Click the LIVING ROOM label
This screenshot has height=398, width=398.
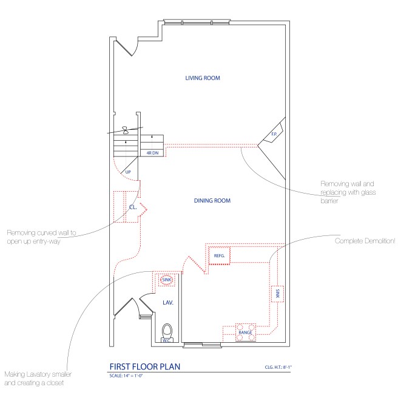point(203,78)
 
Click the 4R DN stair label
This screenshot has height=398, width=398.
point(152,153)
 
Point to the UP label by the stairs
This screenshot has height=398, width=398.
point(128,172)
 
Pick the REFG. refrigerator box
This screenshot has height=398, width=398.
point(220,256)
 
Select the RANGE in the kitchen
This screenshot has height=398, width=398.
point(245,333)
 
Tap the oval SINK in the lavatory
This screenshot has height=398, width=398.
point(167,280)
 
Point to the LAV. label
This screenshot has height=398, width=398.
point(168,302)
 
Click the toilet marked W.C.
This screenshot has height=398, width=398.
point(167,333)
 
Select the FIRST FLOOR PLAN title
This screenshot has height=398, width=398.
point(144,366)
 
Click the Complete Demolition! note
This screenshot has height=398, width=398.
point(365,241)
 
